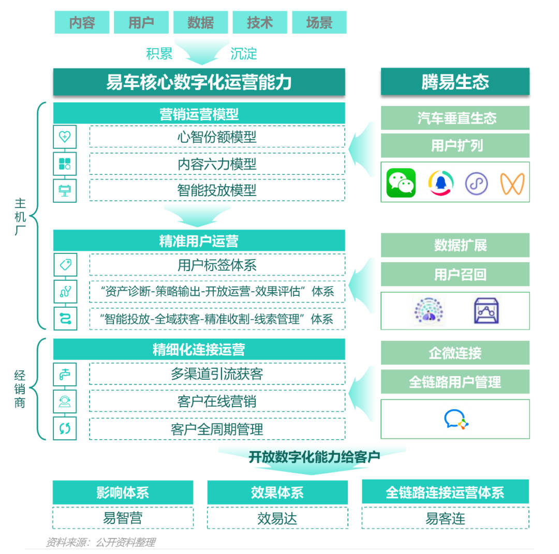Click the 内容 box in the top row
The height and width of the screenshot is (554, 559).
[x=82, y=23]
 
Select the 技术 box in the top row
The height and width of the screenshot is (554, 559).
[x=260, y=23]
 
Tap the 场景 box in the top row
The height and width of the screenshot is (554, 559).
[x=319, y=23]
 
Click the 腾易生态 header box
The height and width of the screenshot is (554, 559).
[x=455, y=82]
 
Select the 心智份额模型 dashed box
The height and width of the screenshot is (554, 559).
[x=217, y=137]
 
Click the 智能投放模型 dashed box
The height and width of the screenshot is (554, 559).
[x=217, y=190]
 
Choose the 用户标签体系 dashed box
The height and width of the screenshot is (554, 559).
[x=217, y=265]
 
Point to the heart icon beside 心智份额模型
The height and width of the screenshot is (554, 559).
[x=65, y=137]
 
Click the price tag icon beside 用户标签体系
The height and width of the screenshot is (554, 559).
[x=65, y=265]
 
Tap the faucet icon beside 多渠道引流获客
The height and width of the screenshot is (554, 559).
[x=65, y=374]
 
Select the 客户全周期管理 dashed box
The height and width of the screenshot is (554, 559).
[x=217, y=429]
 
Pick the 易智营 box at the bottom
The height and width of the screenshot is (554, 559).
[x=123, y=518]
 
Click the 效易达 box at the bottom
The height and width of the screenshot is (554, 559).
[x=277, y=518]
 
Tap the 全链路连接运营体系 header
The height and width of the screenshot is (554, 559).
[x=445, y=492]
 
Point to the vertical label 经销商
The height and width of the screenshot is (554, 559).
[x=20, y=389]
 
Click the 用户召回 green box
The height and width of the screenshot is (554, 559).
[x=455, y=274]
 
